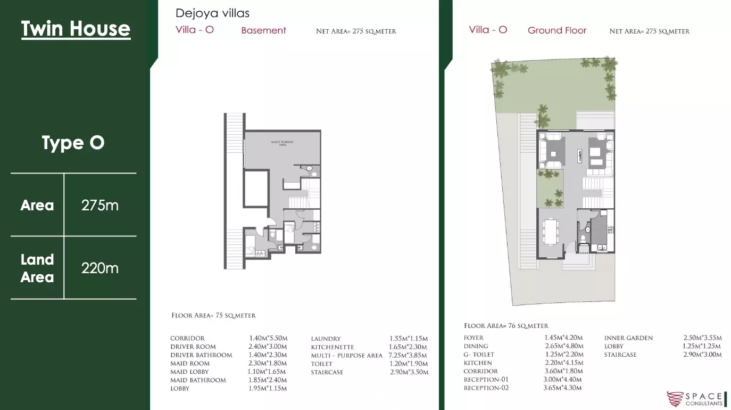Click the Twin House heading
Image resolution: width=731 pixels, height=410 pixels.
coord(76,29)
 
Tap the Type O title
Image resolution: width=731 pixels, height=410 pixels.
coord(73,143)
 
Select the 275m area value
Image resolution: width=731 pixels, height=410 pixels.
coord(100,206)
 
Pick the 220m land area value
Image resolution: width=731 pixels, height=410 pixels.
coord(100,268)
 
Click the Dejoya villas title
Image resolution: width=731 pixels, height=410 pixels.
coord(212,13)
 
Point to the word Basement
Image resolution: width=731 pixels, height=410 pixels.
coord(264,30)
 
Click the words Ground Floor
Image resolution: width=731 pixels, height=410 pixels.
coord(557,30)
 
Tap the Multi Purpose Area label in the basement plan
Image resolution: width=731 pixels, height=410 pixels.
coord(283,143)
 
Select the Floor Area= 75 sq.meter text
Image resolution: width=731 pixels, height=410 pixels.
coord(213,315)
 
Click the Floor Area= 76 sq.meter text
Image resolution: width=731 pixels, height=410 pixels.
coord(506,326)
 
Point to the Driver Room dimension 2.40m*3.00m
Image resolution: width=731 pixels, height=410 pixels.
coord(268,347)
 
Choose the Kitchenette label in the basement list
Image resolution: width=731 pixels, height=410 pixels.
coord(332,347)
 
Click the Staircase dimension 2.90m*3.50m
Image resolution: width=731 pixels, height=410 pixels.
coord(409,372)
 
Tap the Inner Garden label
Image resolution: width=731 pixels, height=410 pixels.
coord(628,338)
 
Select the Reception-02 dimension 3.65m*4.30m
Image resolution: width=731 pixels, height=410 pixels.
coord(562,388)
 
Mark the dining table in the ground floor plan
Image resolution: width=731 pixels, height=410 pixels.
coord(551,231)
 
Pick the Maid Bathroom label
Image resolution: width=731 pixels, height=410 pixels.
coord(198,380)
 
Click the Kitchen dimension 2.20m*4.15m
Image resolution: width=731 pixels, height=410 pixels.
coord(564,363)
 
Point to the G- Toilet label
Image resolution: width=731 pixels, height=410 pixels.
coord(479,355)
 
